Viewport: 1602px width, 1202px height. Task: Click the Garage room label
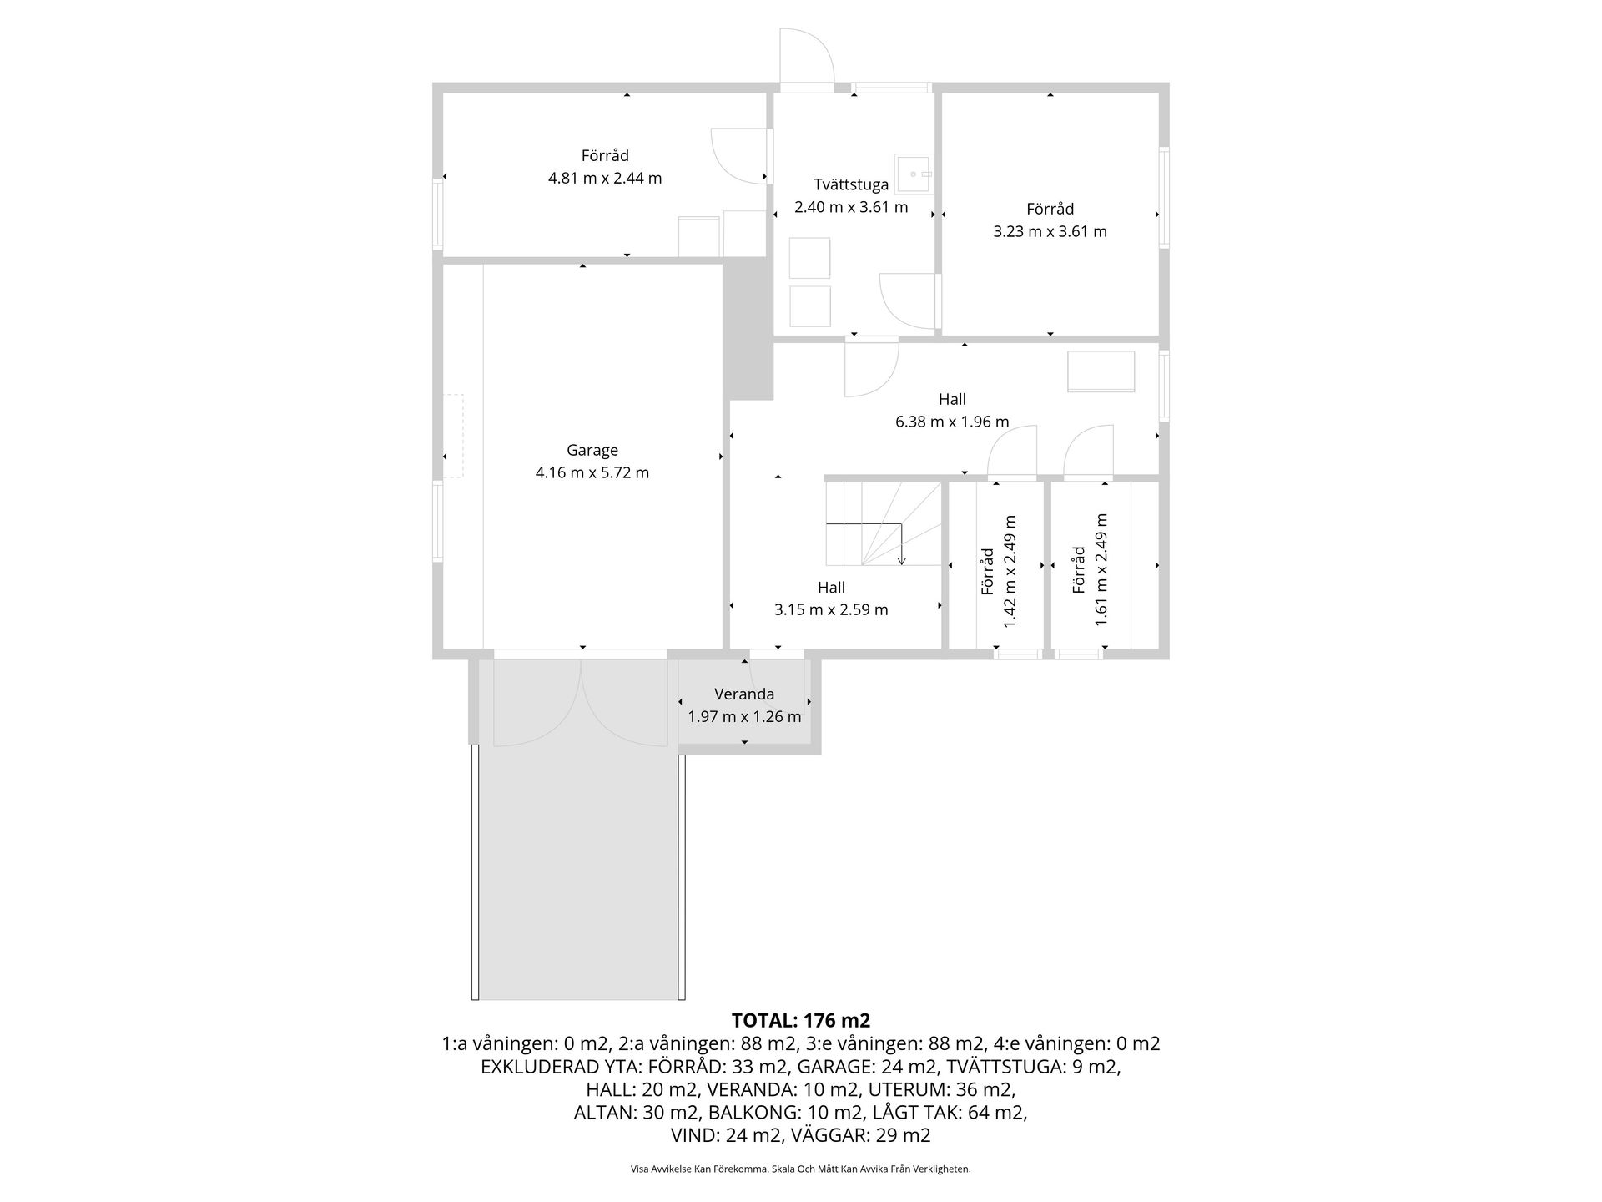point(592,451)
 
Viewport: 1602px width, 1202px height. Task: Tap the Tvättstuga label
point(851,184)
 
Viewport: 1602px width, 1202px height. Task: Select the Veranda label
point(744,694)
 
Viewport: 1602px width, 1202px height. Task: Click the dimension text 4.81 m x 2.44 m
point(605,178)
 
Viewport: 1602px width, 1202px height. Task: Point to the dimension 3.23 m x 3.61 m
point(1050,231)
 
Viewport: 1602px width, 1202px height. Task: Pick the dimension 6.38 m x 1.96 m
point(952,422)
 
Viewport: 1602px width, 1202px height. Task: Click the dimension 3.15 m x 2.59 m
point(831,609)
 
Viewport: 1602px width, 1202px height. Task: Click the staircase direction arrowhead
point(901,560)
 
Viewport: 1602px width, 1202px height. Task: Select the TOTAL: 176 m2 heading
point(801,1020)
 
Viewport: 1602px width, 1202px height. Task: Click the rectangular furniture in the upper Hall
point(1101,371)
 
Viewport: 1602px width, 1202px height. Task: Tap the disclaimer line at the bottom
point(801,1169)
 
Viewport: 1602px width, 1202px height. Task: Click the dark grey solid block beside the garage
point(748,329)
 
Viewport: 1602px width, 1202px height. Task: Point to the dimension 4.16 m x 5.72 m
point(592,472)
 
